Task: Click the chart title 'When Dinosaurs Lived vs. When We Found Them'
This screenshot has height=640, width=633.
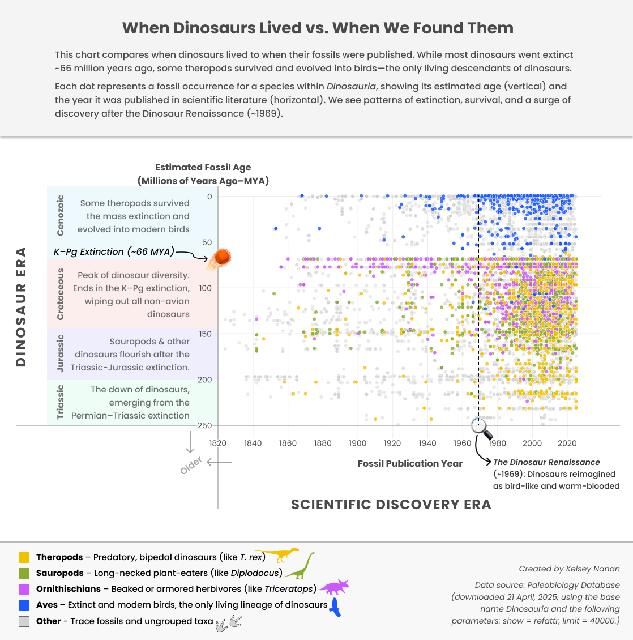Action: pos(318,28)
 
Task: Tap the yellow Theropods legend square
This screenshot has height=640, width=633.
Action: pos(24,557)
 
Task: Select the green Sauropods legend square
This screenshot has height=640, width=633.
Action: pos(24,573)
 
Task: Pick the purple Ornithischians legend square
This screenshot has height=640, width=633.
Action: pos(24,589)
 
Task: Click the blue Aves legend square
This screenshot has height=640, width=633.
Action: pos(24,605)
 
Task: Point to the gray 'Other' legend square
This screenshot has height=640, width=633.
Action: pos(24,621)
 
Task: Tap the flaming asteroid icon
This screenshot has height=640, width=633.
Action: pos(219,259)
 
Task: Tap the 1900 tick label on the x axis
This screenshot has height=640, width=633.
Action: pos(357,443)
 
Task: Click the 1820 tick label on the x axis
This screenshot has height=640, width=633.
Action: pos(218,443)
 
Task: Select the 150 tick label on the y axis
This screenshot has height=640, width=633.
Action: pos(204,334)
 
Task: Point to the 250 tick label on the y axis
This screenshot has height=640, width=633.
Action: pos(204,425)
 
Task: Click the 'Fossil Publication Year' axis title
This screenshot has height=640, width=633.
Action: pos(410,463)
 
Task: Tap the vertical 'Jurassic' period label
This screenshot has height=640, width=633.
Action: pos(61,353)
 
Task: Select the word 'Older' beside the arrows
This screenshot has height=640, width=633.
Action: pos(191,466)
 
